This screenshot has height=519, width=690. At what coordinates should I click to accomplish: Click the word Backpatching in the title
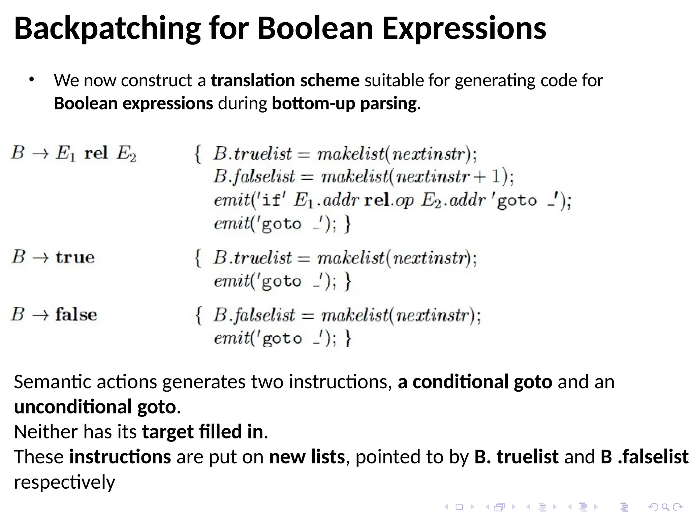click(x=107, y=29)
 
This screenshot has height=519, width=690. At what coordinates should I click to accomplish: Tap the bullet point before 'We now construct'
click(x=32, y=80)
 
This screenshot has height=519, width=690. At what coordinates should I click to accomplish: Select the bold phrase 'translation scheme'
click(x=285, y=81)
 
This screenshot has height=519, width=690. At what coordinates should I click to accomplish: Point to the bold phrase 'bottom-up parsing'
click(x=344, y=103)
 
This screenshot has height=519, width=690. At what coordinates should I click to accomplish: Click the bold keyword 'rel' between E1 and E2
click(x=96, y=153)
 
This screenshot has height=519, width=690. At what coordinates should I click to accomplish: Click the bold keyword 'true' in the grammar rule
click(x=75, y=257)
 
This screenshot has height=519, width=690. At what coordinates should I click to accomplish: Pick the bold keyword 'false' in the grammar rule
click(x=76, y=314)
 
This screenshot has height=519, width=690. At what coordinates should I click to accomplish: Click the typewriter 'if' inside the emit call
click(x=271, y=201)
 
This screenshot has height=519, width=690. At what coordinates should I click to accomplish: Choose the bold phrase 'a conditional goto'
click(x=475, y=382)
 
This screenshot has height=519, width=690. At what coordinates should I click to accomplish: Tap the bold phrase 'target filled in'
click(x=202, y=432)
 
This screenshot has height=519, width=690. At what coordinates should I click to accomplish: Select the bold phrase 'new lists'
click(x=307, y=457)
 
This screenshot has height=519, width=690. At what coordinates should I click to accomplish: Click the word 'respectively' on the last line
click(x=64, y=482)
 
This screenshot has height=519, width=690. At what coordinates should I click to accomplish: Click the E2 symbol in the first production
click(x=126, y=154)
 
